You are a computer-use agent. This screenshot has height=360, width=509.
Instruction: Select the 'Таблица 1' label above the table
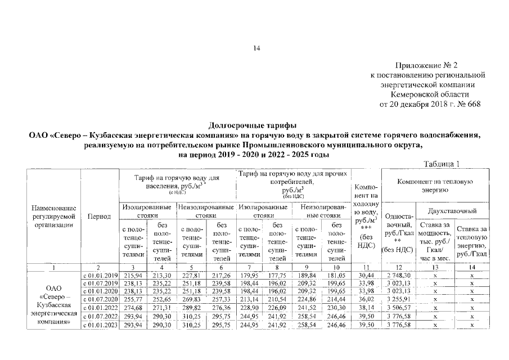pyautogui.click(x=441, y=164)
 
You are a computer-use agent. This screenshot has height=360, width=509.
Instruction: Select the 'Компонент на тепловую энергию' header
pyautogui.click(x=435, y=186)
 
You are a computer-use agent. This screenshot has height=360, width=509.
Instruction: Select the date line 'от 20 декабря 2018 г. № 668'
pyautogui.click(x=431, y=104)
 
